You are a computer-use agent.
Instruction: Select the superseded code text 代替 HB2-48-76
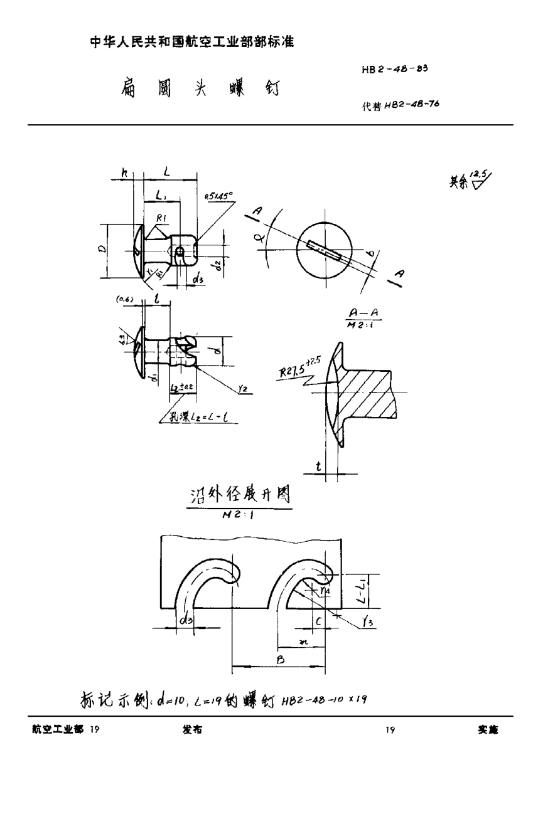pyautogui.click(x=400, y=105)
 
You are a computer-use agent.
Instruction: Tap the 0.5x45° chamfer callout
pyautogui.click(x=218, y=195)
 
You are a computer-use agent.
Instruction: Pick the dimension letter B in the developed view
pyautogui.click(x=281, y=660)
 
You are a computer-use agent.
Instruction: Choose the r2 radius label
pyautogui.click(x=242, y=389)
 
